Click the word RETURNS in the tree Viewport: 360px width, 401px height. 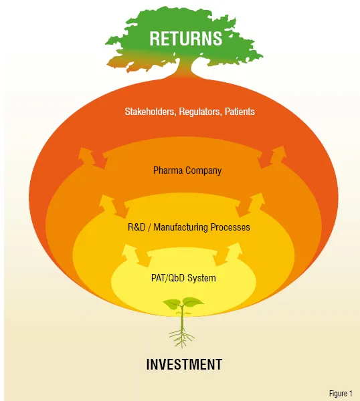[x=185, y=38]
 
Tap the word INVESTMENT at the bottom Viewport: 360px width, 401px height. [x=184, y=364]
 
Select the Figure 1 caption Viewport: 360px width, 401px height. [x=341, y=394]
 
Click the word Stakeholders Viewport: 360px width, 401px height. [x=151, y=112]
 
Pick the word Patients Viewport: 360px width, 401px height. [x=240, y=112]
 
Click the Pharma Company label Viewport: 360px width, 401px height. [x=187, y=170]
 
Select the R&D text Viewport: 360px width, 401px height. [x=137, y=227]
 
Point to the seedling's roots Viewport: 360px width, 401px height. [x=181, y=337]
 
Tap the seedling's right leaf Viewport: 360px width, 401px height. [x=193, y=302]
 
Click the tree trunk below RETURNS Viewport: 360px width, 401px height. [x=183, y=68]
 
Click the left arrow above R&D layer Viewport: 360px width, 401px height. [x=112, y=206]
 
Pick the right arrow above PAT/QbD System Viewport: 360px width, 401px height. [x=229, y=255]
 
